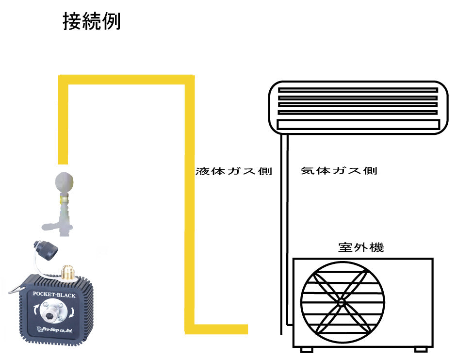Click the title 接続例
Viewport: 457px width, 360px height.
(x=92, y=21)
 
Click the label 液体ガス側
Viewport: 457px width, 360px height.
(x=234, y=171)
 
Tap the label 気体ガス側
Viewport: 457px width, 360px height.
(x=339, y=170)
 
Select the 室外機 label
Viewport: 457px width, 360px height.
(x=361, y=247)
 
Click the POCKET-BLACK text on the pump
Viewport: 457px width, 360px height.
(x=54, y=295)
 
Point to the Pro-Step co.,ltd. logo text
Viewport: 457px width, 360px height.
(x=54, y=330)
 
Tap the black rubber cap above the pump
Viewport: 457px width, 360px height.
(x=46, y=249)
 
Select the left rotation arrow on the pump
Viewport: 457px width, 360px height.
(x=36, y=309)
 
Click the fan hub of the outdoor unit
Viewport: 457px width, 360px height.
(x=341, y=303)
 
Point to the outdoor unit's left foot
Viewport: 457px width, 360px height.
(x=306, y=349)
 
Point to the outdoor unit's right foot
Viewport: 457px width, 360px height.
(x=421, y=349)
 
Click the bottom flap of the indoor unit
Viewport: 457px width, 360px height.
(x=358, y=125)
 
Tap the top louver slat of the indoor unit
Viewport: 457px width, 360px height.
(x=358, y=90)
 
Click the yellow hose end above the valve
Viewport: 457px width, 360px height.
(x=63, y=160)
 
